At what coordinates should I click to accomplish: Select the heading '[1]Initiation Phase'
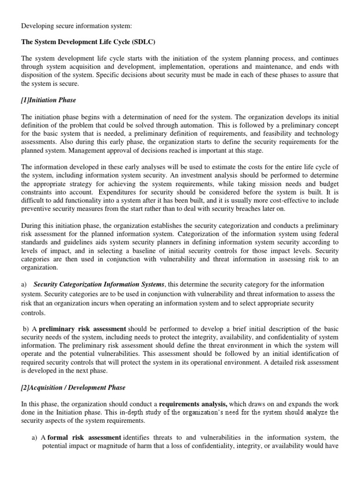(x=49, y=100)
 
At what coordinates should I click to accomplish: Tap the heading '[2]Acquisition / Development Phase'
(x=73, y=388)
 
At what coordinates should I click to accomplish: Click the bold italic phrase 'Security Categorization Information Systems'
(x=99, y=284)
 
